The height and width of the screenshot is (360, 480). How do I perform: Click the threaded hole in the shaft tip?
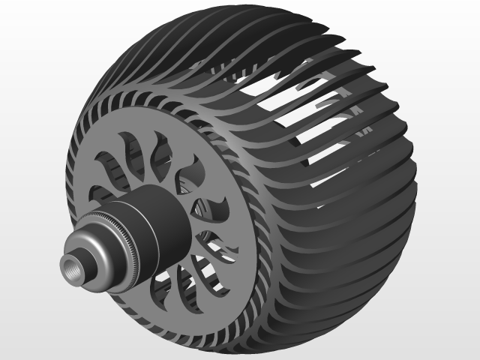[74, 265]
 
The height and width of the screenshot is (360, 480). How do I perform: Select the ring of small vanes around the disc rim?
[225, 142]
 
